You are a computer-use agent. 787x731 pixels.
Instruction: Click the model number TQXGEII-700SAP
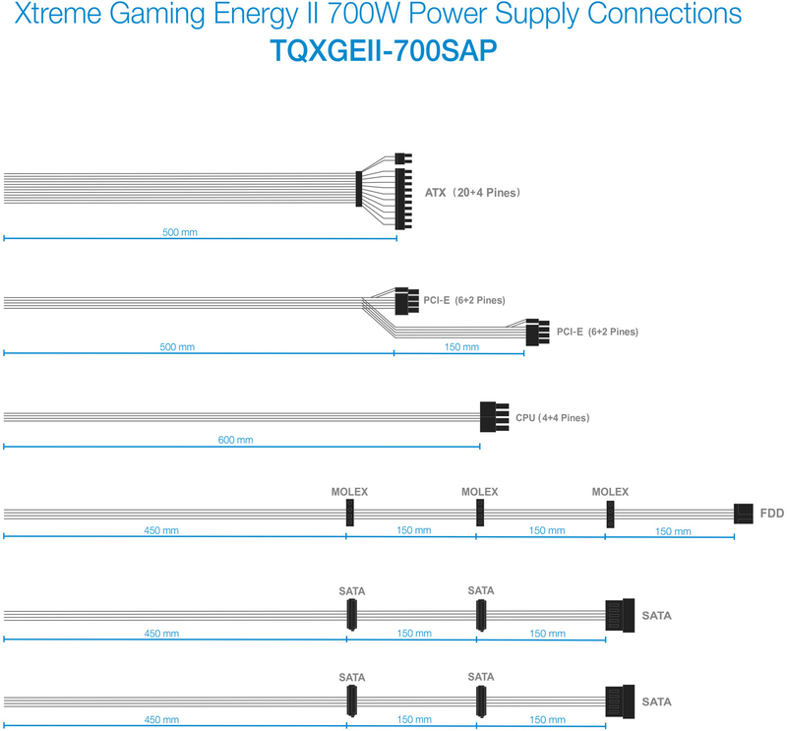[x=393, y=52]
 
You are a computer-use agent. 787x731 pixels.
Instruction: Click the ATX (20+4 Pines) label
[x=472, y=193]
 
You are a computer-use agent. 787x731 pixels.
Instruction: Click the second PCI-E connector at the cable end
[x=536, y=332]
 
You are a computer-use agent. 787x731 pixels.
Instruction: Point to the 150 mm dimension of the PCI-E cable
[x=460, y=347]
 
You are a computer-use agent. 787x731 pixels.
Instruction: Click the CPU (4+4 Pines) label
[x=552, y=418]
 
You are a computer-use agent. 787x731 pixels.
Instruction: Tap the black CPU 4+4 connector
[x=495, y=416]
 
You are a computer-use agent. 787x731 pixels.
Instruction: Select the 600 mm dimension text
[x=235, y=440]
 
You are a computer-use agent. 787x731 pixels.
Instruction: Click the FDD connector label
[x=772, y=513]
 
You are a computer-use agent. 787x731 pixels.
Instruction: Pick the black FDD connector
[x=745, y=513]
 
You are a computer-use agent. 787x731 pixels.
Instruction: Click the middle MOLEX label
[x=480, y=492]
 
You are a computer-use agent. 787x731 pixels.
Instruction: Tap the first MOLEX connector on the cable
[x=349, y=513]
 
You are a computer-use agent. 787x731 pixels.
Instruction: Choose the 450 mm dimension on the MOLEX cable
[x=160, y=531]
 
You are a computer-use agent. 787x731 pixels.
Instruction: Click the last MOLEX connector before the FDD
[x=610, y=513]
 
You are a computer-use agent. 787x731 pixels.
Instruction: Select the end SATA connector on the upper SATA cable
[x=621, y=615]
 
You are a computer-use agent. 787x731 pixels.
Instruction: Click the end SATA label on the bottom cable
[x=657, y=702]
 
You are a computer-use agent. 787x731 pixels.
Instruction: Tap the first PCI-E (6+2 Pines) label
[x=464, y=300]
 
